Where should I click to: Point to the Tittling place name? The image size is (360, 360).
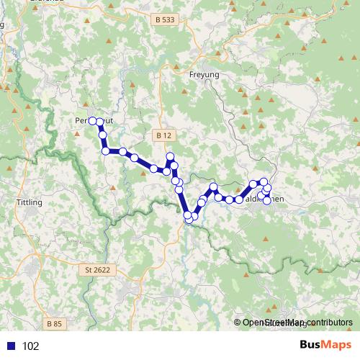[29, 202]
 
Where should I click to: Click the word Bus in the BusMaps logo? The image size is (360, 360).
[312, 345]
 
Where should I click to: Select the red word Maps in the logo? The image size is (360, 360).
[336, 345]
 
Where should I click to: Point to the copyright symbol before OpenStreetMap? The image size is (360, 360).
[238, 323]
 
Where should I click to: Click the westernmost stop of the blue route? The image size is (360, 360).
[92, 120]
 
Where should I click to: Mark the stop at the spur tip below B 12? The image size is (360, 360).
[171, 156]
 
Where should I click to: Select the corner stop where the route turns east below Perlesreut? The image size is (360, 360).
[106, 151]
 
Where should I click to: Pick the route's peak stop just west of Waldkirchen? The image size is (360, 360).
[214, 187]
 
